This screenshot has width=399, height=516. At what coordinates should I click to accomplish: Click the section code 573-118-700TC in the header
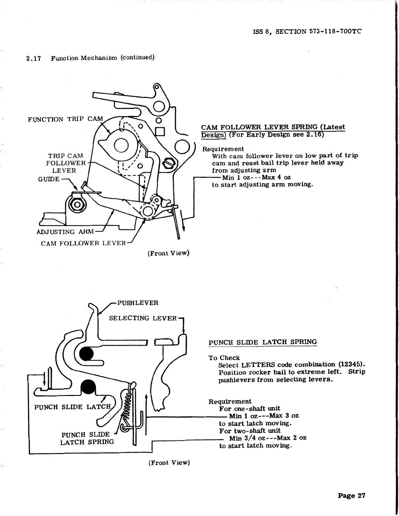pos(335,32)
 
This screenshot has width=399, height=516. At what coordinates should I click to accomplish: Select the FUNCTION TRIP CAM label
pos(65,119)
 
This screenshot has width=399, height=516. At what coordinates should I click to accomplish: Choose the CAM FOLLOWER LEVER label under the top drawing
pos(83,243)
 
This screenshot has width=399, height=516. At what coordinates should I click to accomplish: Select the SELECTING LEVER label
pos(143,318)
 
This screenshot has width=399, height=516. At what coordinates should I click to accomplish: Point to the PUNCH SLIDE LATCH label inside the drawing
pos(72,407)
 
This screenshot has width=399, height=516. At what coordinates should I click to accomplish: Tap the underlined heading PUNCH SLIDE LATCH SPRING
pos(262,342)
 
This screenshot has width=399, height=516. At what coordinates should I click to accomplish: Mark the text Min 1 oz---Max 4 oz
pos(257,177)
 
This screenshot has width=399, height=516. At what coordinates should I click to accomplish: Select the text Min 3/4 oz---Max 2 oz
pos(267,438)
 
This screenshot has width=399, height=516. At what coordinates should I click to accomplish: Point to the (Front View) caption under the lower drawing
pos(169,463)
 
